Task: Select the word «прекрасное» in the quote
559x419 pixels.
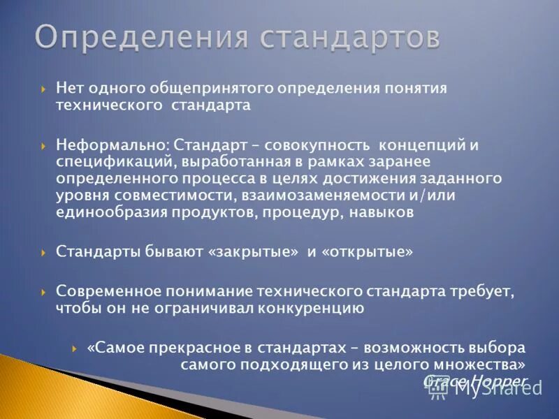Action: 174,347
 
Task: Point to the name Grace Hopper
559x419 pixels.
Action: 475,381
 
